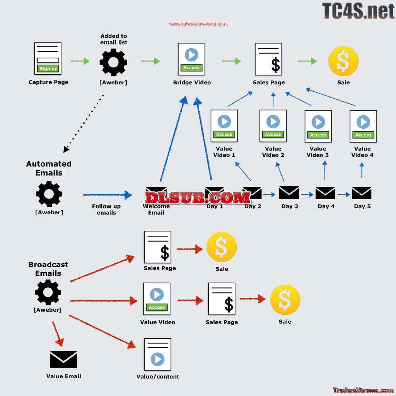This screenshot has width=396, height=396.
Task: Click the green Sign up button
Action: point(48,68)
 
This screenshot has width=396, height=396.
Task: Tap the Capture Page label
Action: point(48,82)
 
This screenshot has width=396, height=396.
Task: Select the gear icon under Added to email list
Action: point(113,62)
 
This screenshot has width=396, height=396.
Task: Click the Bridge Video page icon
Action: point(191,59)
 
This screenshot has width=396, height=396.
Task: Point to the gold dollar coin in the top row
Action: point(343,61)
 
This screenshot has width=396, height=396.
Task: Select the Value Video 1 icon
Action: point(224,126)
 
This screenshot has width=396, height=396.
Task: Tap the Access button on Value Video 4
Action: point(363,135)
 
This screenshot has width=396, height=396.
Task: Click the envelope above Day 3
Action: point(289,193)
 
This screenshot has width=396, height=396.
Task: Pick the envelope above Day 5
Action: point(362,193)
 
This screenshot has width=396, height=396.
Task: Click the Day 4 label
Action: point(326,207)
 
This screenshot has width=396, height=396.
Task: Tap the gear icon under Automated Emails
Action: point(49,194)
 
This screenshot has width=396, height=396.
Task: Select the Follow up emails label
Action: point(106,209)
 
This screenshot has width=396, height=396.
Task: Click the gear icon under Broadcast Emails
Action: point(48,292)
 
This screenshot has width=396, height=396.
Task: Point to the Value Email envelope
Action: point(63,359)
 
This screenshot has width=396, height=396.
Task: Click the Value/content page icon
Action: point(157,355)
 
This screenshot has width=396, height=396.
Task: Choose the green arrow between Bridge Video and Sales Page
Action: point(231,61)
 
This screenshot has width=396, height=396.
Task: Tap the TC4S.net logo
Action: point(358,10)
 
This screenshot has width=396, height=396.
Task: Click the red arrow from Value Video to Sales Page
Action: point(190,300)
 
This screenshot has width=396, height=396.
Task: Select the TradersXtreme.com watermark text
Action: point(363,390)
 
